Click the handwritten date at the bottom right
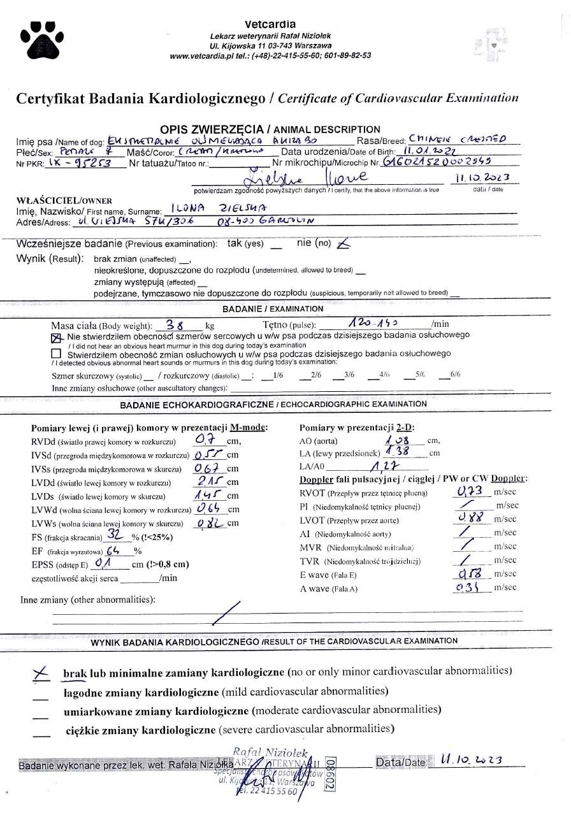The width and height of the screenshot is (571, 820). point(472,760)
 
